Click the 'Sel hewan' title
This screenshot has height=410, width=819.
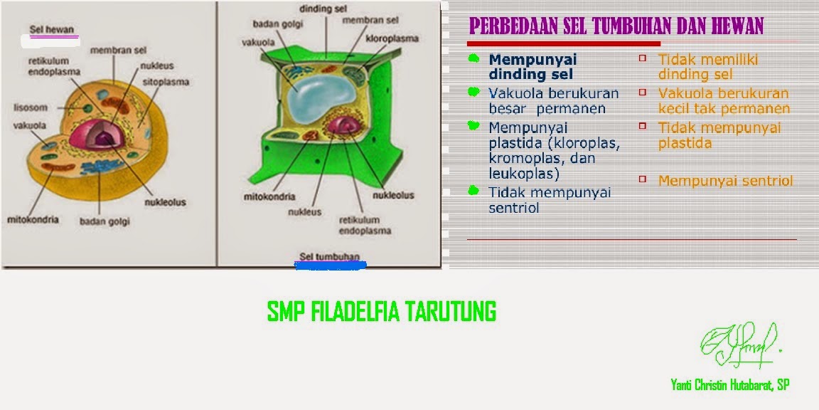click(x=52, y=29)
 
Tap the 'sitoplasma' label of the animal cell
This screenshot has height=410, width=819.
click(x=166, y=82)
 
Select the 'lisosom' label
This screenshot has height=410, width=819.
click(x=31, y=107)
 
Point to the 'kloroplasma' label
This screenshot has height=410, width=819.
click(x=392, y=38)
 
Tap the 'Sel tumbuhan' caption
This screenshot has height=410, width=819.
click(x=330, y=256)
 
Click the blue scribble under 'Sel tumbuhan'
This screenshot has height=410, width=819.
click(x=331, y=266)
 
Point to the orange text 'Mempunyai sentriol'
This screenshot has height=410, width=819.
click(x=725, y=181)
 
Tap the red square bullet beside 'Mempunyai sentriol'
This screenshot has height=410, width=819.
click(x=643, y=179)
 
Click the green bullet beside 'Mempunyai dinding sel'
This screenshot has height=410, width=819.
click(x=473, y=58)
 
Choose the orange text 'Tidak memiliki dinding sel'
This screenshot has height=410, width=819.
click(x=708, y=67)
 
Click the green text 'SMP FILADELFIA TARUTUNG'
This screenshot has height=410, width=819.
click(x=381, y=312)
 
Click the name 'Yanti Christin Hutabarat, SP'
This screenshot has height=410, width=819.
click(x=729, y=385)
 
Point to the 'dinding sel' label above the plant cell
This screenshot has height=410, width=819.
click(x=324, y=9)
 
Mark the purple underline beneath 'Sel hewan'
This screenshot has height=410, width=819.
click(x=54, y=37)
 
